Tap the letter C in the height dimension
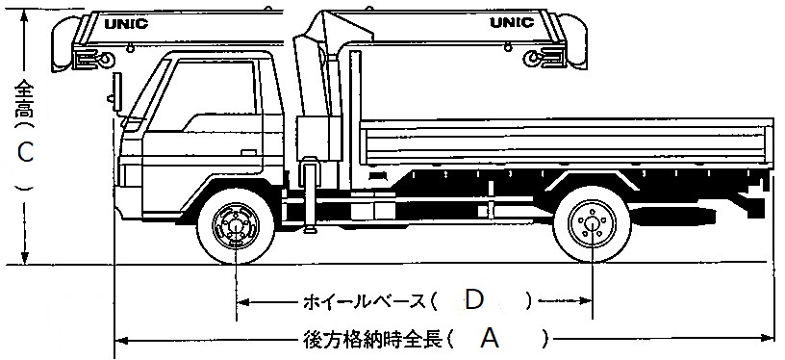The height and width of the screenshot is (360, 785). tap(26, 151)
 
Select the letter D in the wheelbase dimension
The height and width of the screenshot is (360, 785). tap(473, 299)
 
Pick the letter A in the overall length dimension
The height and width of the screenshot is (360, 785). tap(491, 338)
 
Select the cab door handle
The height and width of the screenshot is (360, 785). tap(248, 151)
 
